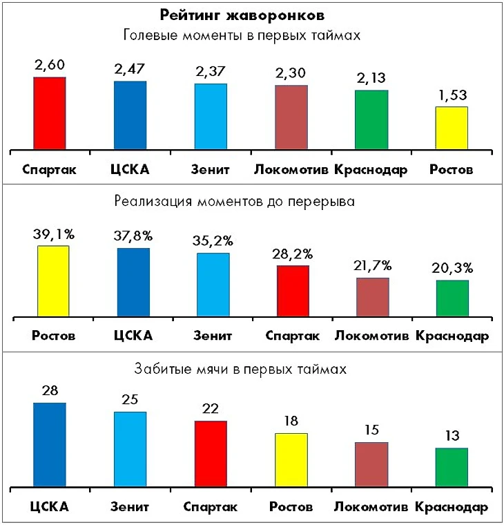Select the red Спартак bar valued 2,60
(50, 113)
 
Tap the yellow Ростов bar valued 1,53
(452, 128)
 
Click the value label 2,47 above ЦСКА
(130, 69)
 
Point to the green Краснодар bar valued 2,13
(371, 120)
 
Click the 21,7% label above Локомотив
(371, 265)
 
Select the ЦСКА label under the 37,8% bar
(132, 336)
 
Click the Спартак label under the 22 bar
(211, 506)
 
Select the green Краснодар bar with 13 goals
(452, 468)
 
